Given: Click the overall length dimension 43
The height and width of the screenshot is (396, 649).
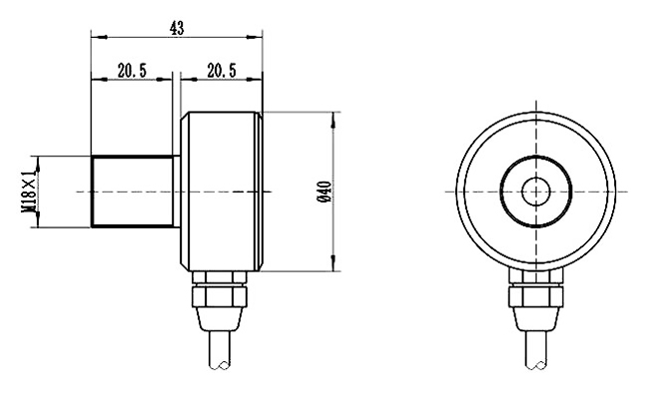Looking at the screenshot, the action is tap(177, 28).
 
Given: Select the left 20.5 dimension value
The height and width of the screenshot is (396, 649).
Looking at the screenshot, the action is tap(132, 71).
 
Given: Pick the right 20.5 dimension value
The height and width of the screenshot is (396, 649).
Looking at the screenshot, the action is tap(222, 71).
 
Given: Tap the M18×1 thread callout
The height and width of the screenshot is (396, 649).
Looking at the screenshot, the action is tap(29, 192).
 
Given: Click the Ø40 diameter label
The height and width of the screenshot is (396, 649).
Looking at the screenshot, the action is tap(324, 192).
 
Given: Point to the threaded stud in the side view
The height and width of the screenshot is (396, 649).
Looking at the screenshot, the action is tap(133, 192).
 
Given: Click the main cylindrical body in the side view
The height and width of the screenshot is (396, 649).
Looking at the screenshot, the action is tap(222, 192).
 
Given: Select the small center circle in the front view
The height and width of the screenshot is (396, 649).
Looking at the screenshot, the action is tap(536, 192).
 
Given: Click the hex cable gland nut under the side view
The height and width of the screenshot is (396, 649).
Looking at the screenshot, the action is tap(220, 296).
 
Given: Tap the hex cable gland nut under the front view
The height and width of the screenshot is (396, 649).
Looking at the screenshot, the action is tap(536, 296).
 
